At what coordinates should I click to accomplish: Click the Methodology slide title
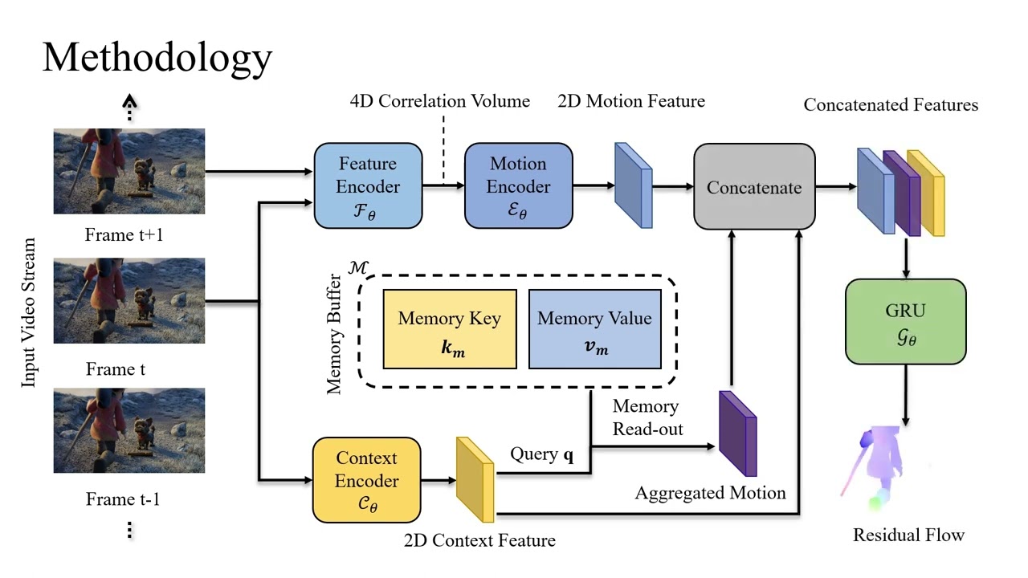pyautogui.click(x=157, y=58)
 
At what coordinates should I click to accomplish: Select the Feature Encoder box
pyautogui.click(x=368, y=186)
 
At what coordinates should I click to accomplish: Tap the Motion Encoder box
pyautogui.click(x=519, y=186)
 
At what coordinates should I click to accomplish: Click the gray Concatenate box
pyautogui.click(x=754, y=188)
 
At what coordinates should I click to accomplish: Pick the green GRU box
pyautogui.click(x=905, y=321)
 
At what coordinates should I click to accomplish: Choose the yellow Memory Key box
pyautogui.click(x=450, y=329)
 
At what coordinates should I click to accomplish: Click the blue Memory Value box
pyautogui.click(x=594, y=329)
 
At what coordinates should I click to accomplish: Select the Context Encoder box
pyautogui.click(x=366, y=479)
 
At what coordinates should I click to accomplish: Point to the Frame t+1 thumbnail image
pyautogui.click(x=129, y=171)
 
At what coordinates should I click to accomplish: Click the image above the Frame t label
pyautogui.click(x=129, y=301)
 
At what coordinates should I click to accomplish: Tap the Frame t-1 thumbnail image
pyautogui.click(x=129, y=430)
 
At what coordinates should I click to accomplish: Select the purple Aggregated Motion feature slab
pyautogui.click(x=737, y=433)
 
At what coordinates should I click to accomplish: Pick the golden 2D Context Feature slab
pyautogui.click(x=475, y=479)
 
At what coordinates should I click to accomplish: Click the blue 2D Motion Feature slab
pyautogui.click(x=633, y=185)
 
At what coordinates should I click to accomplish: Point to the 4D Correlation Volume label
pyautogui.click(x=440, y=101)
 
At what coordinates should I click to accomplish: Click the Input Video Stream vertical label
pyautogui.click(x=29, y=313)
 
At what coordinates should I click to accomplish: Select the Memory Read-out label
pyautogui.click(x=647, y=417)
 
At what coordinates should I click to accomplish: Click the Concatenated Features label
pyautogui.click(x=891, y=105)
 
